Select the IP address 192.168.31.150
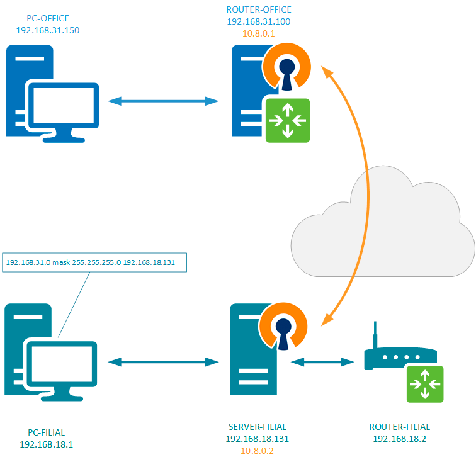pyautogui.click(x=48, y=30)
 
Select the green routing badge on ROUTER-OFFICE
pyautogui.click(x=288, y=120)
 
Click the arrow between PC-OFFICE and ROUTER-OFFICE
pyautogui.click(x=163, y=101)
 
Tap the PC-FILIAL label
pyautogui.click(x=46, y=432)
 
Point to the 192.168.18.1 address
pyautogui.click(x=46, y=444)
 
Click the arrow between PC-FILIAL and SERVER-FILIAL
pyautogui.click(x=163, y=361)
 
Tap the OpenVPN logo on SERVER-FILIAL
pyautogui.click(x=286, y=325)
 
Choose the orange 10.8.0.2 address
pyautogui.click(x=256, y=450)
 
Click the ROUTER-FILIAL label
pyautogui.click(x=399, y=427)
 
